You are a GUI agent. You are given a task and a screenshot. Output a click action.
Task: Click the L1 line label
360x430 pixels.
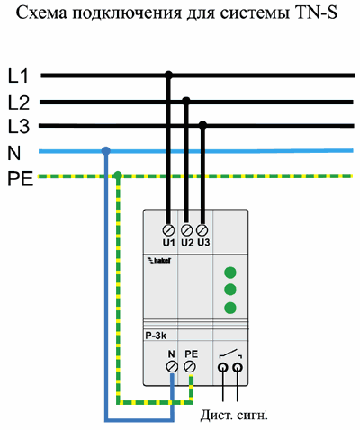(18, 76)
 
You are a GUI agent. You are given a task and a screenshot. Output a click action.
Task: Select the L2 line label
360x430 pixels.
(19, 103)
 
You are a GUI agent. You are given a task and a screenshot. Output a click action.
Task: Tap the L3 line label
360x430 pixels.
(19, 126)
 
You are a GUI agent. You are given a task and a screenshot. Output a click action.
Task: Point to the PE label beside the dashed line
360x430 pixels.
(20, 179)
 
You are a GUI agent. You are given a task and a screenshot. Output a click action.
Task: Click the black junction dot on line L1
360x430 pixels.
(169, 75)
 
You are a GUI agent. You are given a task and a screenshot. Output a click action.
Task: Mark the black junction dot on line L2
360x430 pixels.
(186, 101)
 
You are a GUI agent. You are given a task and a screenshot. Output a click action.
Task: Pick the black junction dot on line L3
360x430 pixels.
(203, 125)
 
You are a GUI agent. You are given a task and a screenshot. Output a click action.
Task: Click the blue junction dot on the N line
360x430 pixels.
(105, 151)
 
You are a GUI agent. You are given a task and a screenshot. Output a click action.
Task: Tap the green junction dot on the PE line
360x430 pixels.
(118, 175)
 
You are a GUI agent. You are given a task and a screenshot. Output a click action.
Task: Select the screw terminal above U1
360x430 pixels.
(168, 230)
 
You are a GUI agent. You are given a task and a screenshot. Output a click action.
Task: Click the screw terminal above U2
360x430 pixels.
(187, 230)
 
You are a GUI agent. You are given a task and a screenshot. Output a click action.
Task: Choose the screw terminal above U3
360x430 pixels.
(202, 230)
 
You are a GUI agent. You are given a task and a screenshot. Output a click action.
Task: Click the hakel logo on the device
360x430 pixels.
(160, 260)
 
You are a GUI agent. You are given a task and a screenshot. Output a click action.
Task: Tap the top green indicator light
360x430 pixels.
(230, 273)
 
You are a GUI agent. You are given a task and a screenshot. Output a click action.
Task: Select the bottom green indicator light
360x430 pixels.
(230, 308)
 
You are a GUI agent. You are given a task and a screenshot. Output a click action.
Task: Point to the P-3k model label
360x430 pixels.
(156, 336)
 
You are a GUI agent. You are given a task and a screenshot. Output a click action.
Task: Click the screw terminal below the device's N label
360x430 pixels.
(172, 367)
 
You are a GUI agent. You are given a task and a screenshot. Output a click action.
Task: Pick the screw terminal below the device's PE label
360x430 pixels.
(190, 366)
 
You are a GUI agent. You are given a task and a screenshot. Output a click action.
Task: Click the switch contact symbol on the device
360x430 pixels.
(230, 354)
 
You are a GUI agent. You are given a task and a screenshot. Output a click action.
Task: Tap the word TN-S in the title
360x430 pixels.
(316, 13)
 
